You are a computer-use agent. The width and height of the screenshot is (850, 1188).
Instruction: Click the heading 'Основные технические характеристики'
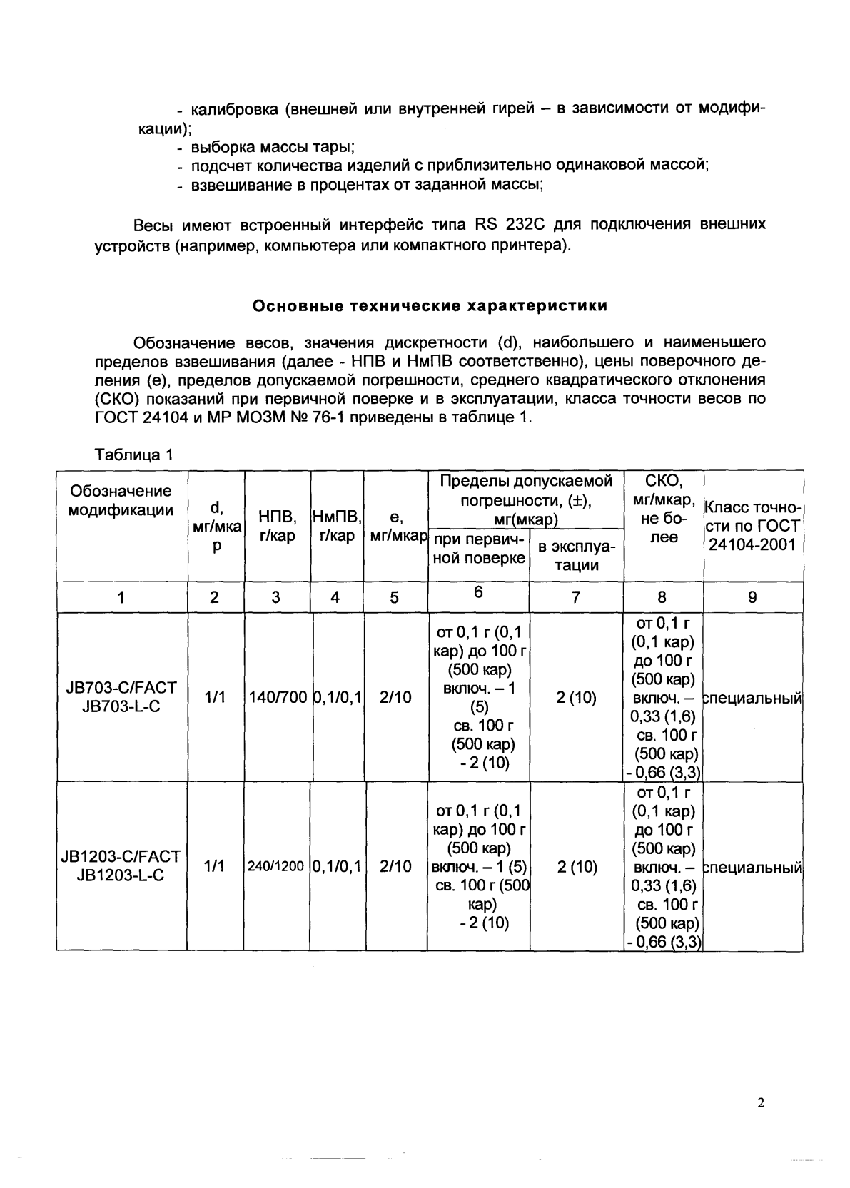click(430, 307)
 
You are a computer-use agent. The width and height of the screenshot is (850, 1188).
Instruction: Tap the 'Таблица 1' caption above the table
click(134, 455)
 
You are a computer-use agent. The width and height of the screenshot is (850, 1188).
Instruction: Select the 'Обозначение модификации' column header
click(121, 500)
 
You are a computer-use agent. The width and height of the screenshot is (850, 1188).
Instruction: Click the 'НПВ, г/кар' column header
click(277, 526)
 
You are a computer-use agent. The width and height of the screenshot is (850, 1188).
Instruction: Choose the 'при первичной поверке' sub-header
click(479, 549)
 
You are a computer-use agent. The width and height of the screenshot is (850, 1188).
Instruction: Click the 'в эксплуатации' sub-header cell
click(577, 556)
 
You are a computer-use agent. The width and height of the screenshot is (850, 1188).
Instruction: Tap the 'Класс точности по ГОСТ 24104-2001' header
click(753, 526)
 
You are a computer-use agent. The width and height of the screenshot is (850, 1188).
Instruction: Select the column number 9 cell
click(752, 597)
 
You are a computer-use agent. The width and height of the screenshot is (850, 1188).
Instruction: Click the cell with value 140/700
click(277, 697)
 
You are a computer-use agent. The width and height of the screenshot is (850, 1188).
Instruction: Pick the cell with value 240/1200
click(275, 866)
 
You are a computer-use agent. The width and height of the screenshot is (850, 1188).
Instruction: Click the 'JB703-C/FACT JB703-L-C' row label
click(121, 697)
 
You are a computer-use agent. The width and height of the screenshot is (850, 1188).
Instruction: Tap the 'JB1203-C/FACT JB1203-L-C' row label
click(121, 865)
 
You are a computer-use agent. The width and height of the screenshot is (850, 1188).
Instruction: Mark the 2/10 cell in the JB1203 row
click(395, 866)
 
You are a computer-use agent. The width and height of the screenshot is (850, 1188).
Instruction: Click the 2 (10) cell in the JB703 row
click(576, 697)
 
